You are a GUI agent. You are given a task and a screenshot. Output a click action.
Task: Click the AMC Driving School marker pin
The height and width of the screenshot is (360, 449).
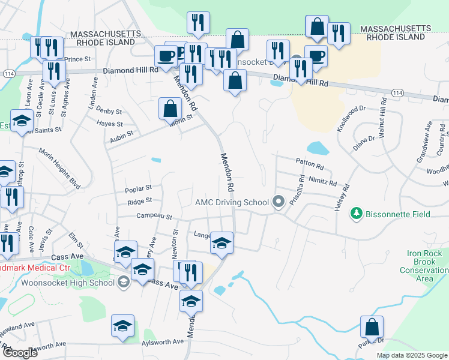(x=278, y=202)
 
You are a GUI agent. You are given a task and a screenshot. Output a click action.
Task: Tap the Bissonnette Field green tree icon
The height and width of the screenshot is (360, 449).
(x=357, y=212)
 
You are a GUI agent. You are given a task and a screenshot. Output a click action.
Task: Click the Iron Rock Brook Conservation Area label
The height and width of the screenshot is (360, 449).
(x=424, y=266)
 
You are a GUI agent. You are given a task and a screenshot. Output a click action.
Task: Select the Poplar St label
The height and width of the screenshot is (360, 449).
(x=139, y=188)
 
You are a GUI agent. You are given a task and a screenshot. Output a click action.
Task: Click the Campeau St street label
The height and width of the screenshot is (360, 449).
(x=154, y=216)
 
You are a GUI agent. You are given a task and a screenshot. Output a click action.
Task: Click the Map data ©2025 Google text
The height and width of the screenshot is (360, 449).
(x=411, y=355)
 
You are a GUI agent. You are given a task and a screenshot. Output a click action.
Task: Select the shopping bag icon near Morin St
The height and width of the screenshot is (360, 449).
(x=170, y=109)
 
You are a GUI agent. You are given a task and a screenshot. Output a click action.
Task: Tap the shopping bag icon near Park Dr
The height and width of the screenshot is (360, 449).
(x=372, y=327)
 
